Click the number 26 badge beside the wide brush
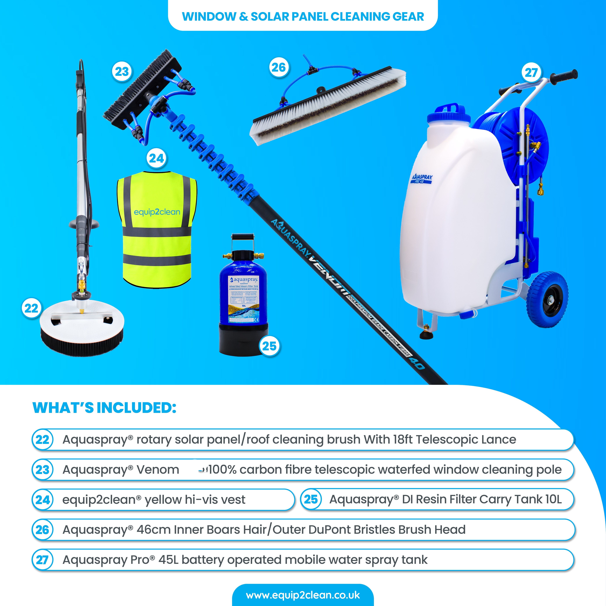278,67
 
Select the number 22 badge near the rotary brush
31,308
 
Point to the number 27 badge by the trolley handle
531,73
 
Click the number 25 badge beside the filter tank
269,346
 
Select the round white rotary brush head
82,326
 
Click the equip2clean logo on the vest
157,212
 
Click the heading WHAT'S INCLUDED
104,408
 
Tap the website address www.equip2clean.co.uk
303,595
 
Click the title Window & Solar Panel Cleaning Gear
303,16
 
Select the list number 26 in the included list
42,530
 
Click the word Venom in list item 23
158,470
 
